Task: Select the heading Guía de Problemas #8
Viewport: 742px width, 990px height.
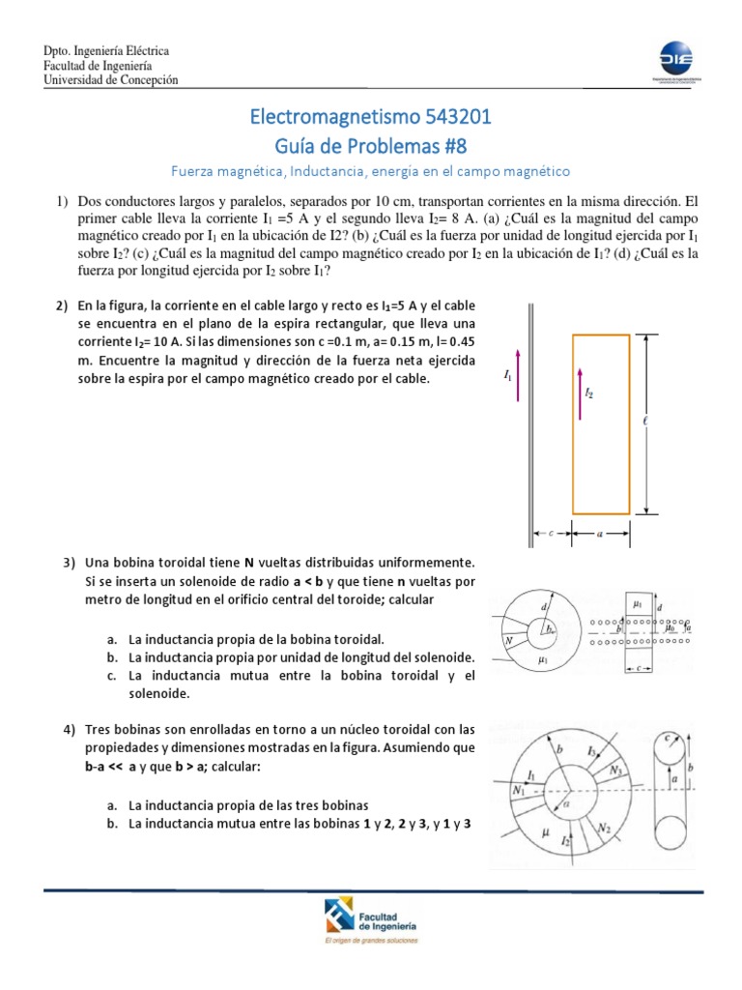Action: point(371,146)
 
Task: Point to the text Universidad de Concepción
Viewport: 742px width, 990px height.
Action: point(111,80)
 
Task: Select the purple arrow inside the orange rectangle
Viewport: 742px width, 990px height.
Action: point(580,393)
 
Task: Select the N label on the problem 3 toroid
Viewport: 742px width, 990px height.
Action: point(507,640)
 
